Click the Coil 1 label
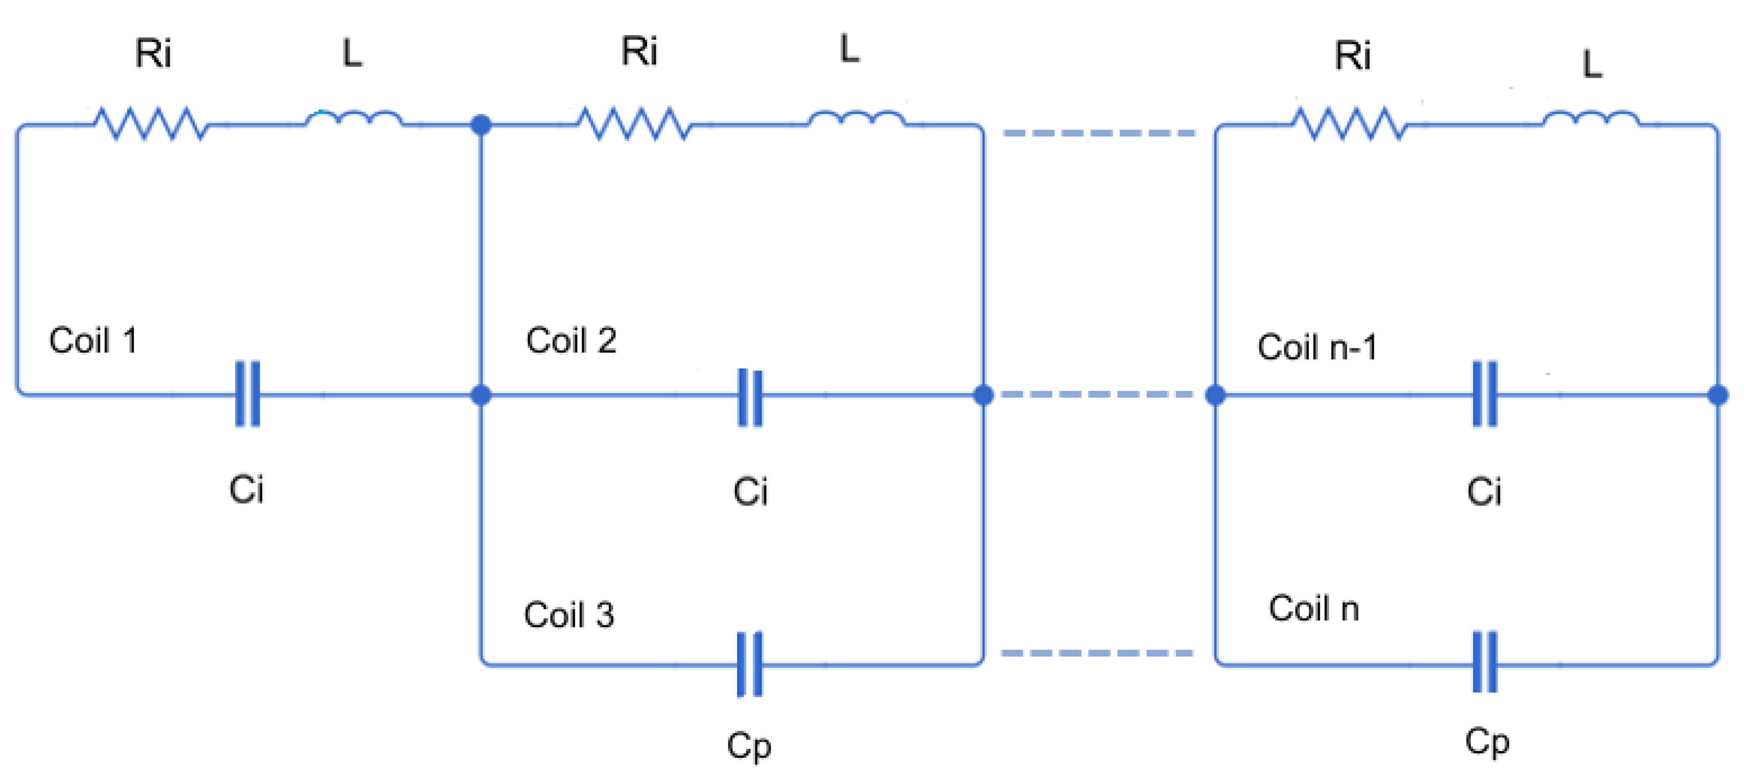[x=93, y=340]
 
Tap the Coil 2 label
[x=571, y=340]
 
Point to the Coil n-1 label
[x=1317, y=347]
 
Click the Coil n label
[x=1314, y=608]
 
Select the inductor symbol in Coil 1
[x=354, y=121]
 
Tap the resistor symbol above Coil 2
[x=634, y=124]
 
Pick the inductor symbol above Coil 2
[x=857, y=121]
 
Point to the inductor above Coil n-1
[x=1591, y=121]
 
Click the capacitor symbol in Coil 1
[x=247, y=395]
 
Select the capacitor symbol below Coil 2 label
[x=749, y=398]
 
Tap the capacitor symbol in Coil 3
[x=749, y=664]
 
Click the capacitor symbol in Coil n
[x=1485, y=662]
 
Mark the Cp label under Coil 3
[x=749, y=746]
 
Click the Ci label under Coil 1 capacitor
[x=246, y=489]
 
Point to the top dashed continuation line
[x=1098, y=133]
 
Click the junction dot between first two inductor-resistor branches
[x=481, y=124]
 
